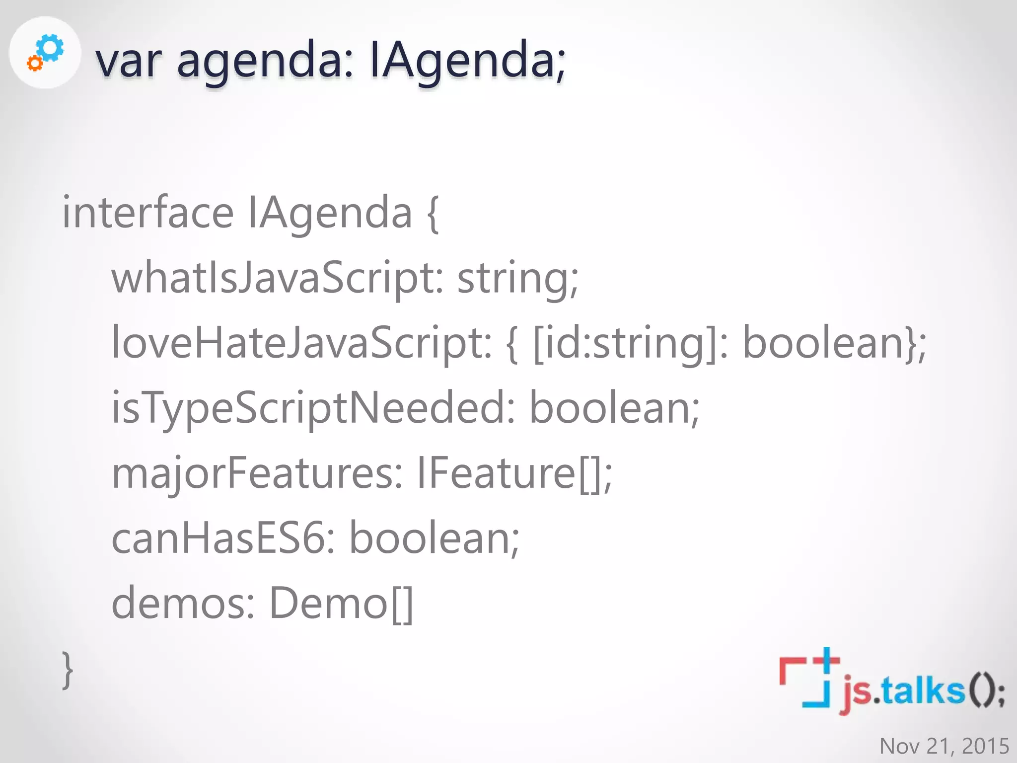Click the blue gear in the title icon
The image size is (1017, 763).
point(51,48)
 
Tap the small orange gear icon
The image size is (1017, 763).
point(34,64)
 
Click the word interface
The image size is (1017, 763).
point(147,213)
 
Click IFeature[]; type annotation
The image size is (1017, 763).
point(514,473)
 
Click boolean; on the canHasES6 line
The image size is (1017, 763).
point(434,538)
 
